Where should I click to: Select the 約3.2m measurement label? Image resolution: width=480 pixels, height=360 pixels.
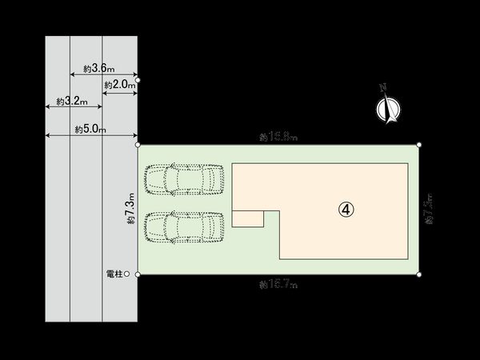pyautogui.click(x=73, y=102)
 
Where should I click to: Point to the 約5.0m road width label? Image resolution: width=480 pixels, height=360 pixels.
pyautogui.click(x=90, y=128)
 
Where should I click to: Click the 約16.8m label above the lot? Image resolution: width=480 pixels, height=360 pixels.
pyautogui.click(x=278, y=138)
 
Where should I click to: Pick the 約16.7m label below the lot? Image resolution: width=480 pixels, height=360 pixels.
pyautogui.click(x=278, y=284)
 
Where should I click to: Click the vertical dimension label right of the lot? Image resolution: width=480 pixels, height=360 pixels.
pyautogui.click(x=429, y=210)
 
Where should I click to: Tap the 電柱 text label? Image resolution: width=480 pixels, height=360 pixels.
pyautogui.click(x=114, y=274)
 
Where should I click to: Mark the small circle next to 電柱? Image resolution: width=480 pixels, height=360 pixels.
pyautogui.click(x=126, y=274)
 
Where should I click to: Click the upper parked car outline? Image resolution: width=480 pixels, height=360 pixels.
pyautogui.click(x=183, y=179)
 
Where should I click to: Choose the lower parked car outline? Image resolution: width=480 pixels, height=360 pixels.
pyautogui.click(x=183, y=228)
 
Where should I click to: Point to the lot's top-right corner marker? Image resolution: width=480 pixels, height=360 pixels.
pyautogui.click(x=419, y=144)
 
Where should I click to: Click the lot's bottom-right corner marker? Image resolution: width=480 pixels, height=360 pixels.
pyautogui.click(x=419, y=275)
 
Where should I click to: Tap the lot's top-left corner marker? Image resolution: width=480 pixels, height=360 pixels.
pyautogui.click(x=138, y=145)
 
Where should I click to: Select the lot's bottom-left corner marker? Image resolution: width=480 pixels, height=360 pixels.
pyautogui.click(x=138, y=274)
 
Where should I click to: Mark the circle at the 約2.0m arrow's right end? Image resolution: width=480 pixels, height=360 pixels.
pyautogui.click(x=138, y=81)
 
